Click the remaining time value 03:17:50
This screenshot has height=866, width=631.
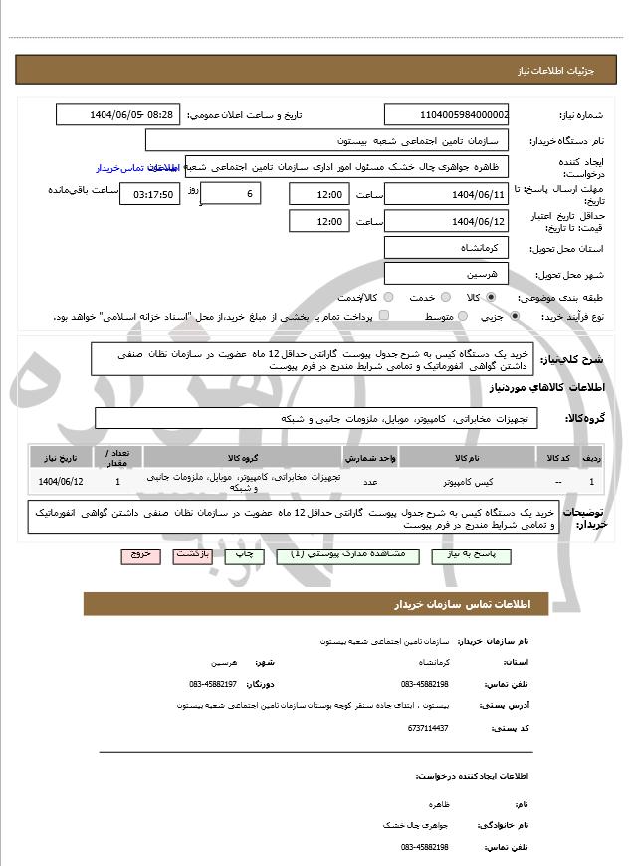click(149, 194)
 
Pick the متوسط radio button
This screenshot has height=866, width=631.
click(462, 316)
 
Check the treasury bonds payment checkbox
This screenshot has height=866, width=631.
click(384, 316)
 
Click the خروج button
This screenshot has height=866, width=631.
click(140, 555)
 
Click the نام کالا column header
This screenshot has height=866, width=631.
click(467, 457)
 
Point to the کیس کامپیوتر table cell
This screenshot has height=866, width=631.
click(467, 482)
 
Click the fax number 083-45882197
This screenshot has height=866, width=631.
click(213, 684)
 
